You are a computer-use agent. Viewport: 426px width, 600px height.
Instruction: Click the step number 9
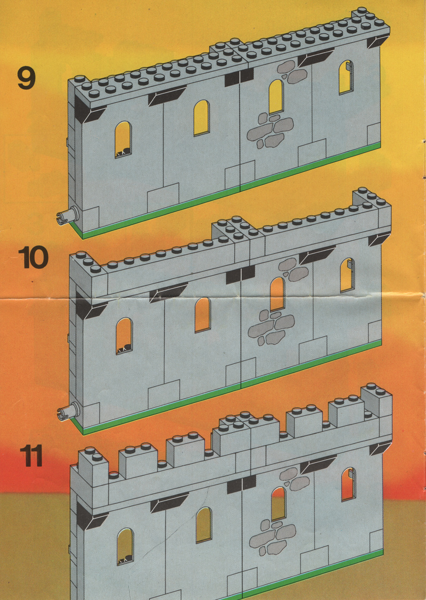pyautogui.click(x=27, y=78)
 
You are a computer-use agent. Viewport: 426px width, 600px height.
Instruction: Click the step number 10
pyautogui.click(x=34, y=257)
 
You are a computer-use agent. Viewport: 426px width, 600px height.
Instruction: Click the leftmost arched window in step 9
pyautogui.click(x=123, y=139)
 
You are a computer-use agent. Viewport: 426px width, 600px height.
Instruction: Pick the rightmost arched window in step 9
pyautogui.click(x=346, y=77)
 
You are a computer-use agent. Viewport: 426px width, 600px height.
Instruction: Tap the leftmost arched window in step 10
pyautogui.click(x=124, y=336)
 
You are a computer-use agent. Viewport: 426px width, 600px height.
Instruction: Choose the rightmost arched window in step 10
pyautogui.click(x=347, y=275)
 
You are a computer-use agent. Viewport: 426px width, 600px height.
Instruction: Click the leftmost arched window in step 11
pyautogui.click(x=125, y=546)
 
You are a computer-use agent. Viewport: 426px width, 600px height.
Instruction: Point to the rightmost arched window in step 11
pyautogui.click(x=348, y=484)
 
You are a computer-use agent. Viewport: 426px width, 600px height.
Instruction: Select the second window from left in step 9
pyautogui.click(x=202, y=118)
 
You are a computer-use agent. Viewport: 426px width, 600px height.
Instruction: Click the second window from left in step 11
pyautogui.click(x=203, y=524)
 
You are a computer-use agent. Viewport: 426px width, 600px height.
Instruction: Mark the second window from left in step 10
pyautogui.click(x=202, y=315)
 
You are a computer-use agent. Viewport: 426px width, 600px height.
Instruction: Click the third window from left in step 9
pyautogui.click(x=276, y=97)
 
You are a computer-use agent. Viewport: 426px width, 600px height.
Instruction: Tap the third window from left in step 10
pyautogui.click(x=277, y=294)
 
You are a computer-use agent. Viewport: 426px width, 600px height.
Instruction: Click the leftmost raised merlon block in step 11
pyautogui.click(x=93, y=466)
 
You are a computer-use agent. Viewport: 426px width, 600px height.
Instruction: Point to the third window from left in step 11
pyautogui.click(x=278, y=504)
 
